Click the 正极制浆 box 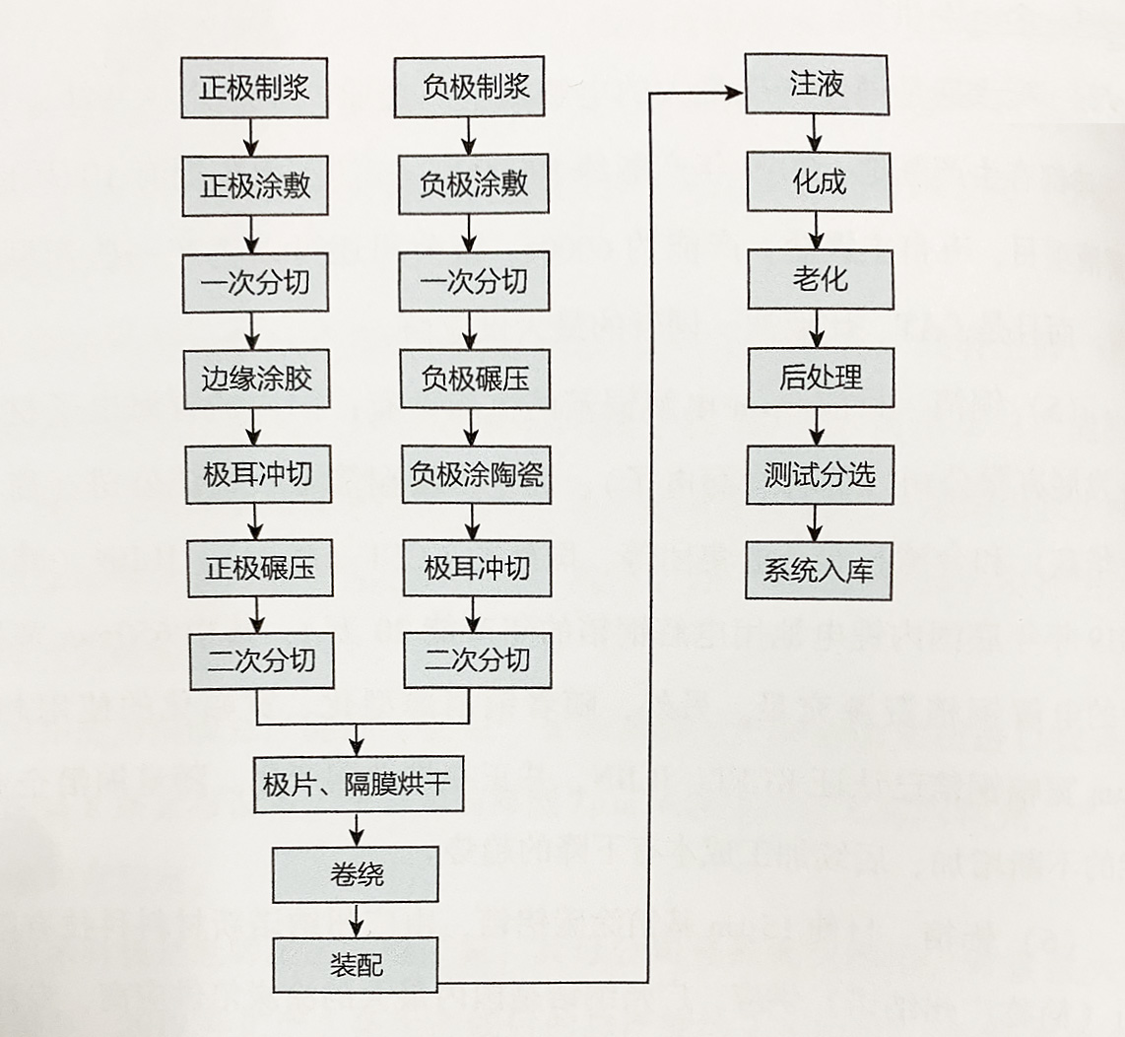(x=254, y=88)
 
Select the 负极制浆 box (x=468, y=88)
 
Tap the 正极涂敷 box (x=254, y=185)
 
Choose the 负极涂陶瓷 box (x=475, y=475)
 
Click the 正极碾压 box (x=259, y=568)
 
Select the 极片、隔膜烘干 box (x=358, y=785)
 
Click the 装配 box (x=356, y=963)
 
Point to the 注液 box (x=816, y=86)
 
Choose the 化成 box (x=819, y=182)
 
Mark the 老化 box (x=820, y=279)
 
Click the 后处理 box (x=821, y=377)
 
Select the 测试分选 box (x=820, y=474)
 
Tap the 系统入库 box (x=819, y=570)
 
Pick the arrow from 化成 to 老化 (x=817, y=233)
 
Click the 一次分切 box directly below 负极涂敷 (x=473, y=282)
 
